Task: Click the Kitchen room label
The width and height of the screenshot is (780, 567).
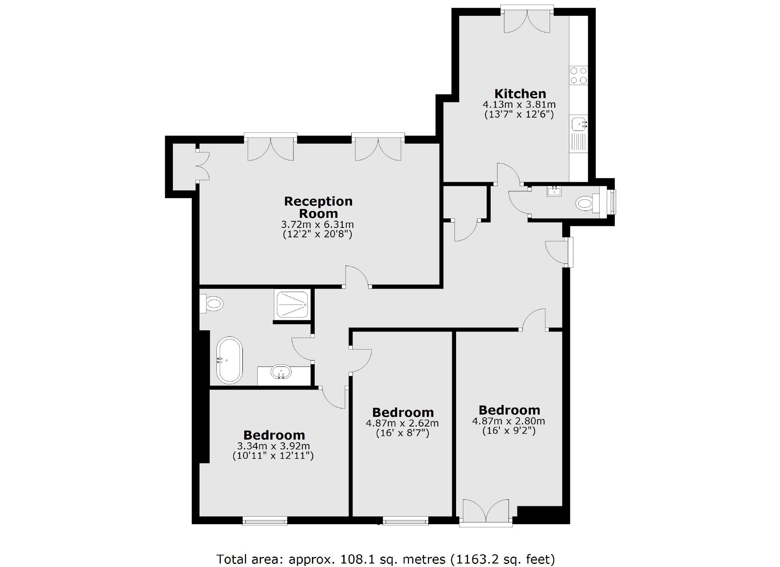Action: point(520,94)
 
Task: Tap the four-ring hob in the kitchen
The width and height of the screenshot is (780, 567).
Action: point(579,75)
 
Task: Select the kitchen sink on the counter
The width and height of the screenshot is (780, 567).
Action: point(579,124)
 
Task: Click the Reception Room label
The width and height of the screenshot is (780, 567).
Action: point(318,207)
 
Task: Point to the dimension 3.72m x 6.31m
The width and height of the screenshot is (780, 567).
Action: point(317,224)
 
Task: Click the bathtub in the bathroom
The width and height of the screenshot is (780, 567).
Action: point(230,360)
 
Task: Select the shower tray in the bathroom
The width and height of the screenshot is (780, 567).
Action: point(292,304)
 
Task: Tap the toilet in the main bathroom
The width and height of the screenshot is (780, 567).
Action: point(211,303)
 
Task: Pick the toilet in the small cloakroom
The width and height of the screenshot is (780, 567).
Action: point(586,203)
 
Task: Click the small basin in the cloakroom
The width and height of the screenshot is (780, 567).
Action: point(554,191)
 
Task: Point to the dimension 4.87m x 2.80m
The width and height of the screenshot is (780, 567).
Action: point(508,421)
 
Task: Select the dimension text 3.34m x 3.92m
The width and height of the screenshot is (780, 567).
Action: point(273,446)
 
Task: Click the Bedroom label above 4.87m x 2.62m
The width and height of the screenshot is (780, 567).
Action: point(403,412)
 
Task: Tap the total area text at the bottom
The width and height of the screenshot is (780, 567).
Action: point(385,559)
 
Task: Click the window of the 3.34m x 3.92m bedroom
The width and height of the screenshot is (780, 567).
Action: point(265,521)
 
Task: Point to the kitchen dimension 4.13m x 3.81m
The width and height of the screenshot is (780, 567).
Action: point(519,105)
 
